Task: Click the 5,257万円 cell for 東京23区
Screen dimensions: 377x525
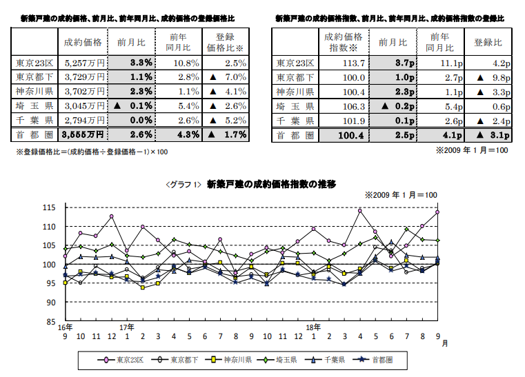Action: [82, 63]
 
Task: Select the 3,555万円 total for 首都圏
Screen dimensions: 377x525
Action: [82, 134]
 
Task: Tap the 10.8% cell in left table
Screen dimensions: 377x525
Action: [179, 63]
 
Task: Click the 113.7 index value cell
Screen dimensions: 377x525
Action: [344, 63]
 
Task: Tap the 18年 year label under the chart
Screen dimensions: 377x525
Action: [313, 327]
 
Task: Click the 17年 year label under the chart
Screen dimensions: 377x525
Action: [127, 327]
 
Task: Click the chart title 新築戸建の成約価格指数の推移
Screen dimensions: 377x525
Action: [270, 184]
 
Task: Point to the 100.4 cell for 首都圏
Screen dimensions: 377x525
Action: [344, 134]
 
